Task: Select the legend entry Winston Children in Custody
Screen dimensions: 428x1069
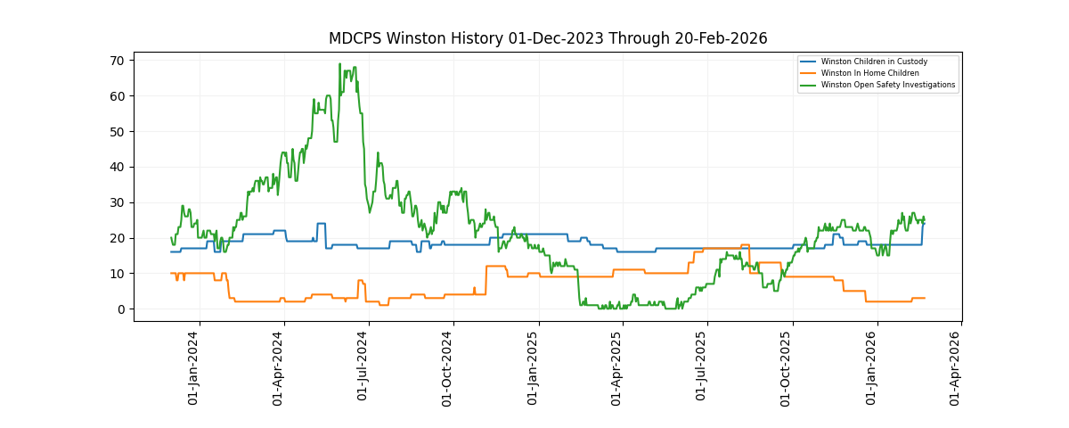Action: click(874, 62)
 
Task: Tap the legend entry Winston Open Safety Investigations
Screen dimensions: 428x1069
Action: click(887, 85)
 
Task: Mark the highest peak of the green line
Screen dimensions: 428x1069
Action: click(339, 64)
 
